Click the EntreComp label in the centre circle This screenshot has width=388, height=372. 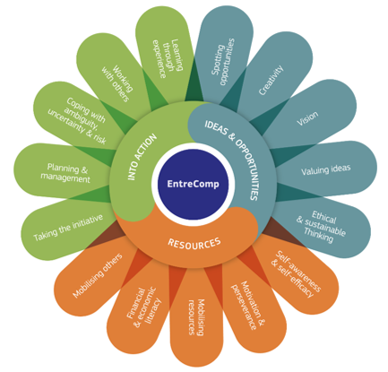tap(193, 184)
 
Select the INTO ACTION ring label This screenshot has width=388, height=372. tap(142, 157)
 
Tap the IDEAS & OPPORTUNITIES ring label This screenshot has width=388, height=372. tap(232, 160)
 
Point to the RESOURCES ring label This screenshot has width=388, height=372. tap(194, 243)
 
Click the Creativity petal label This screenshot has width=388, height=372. tap(271, 80)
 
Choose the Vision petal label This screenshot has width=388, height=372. tap(307, 118)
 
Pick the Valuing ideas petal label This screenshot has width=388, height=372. tap(325, 169)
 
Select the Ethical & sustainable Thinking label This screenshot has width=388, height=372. tap(321, 227)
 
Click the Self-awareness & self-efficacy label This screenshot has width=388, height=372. tap(297, 274)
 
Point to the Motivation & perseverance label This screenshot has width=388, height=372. tap(248, 305)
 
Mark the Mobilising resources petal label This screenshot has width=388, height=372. tap(196, 317)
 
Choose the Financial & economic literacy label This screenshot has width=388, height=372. tap(144, 307)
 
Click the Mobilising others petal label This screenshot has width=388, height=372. tap(98, 275)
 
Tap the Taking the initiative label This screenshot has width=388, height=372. tap(68, 228)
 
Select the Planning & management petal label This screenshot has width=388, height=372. tap(65, 173)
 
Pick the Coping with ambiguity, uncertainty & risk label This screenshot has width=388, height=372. tap(77, 120)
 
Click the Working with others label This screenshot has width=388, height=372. tap(117, 83)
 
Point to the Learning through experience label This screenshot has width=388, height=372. tap(168, 58)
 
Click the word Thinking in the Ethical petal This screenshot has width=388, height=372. tap(319, 235)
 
